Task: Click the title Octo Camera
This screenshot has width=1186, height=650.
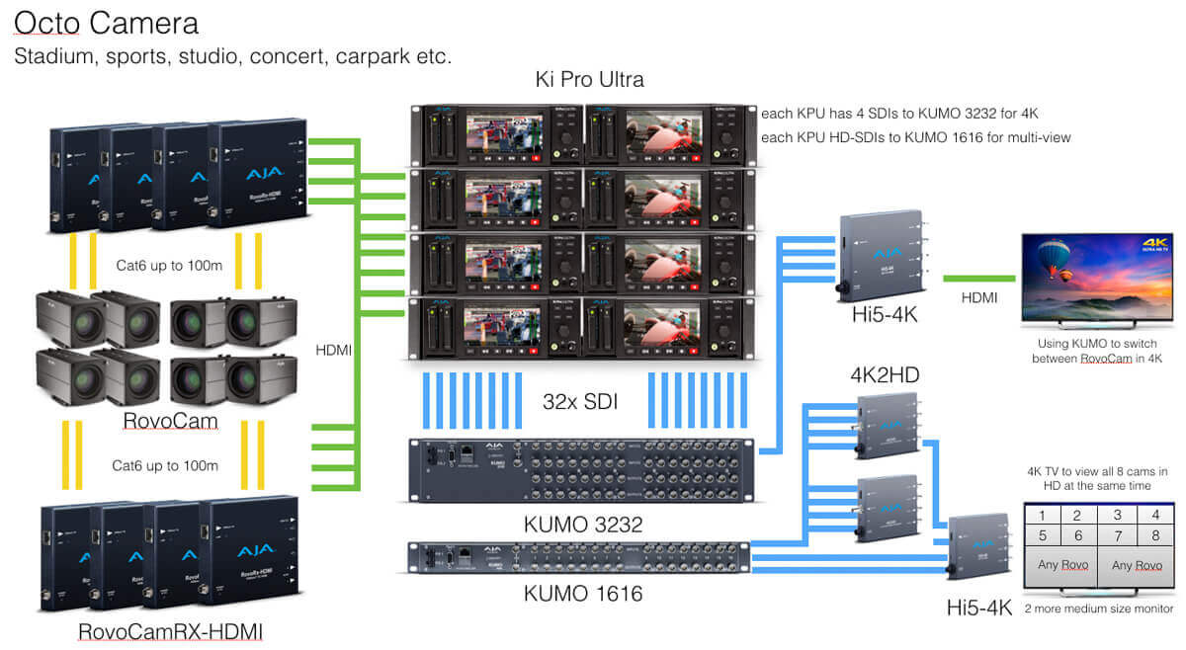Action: pyautogui.click(x=107, y=22)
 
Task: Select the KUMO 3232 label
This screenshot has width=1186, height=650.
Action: pyautogui.click(x=584, y=525)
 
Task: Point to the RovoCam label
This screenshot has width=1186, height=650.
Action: pyautogui.click(x=170, y=422)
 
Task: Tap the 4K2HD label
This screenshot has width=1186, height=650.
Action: pyautogui.click(x=885, y=375)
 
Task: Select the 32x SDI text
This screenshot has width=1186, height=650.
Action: pyautogui.click(x=584, y=402)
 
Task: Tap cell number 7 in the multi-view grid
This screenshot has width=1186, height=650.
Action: pyautogui.click(x=1117, y=535)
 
